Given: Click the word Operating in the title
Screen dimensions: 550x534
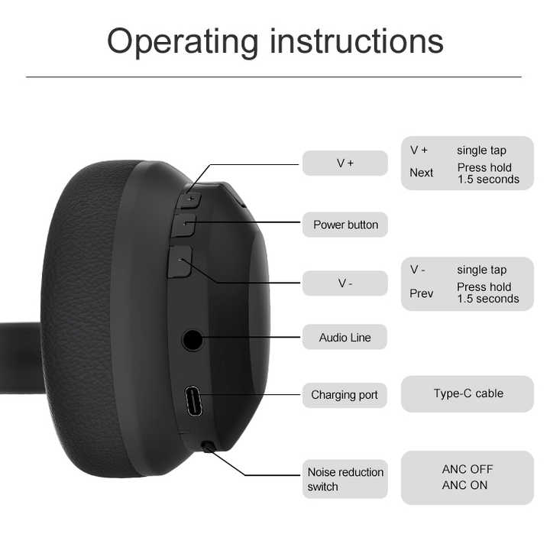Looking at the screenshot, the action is (x=183, y=42).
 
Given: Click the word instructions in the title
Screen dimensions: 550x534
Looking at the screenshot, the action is (x=357, y=40).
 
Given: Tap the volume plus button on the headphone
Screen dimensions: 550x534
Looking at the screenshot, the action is (x=190, y=200).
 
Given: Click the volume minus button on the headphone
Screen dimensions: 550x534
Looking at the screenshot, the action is (x=180, y=262).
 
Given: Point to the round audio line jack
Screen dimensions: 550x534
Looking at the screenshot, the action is (x=192, y=340).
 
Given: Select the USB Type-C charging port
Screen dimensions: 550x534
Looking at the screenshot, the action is (x=193, y=401).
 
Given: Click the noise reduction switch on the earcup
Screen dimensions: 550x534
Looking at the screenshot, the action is (x=209, y=447).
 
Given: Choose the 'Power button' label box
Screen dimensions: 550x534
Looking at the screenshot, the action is (x=345, y=225).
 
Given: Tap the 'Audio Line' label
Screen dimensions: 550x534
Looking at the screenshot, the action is (x=345, y=337).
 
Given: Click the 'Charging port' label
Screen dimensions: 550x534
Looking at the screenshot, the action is (x=345, y=395).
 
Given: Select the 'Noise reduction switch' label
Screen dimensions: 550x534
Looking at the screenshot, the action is (x=345, y=479).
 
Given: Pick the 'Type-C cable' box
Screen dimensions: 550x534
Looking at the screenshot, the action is (x=467, y=393).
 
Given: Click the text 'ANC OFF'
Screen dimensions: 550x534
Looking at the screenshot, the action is (x=467, y=469).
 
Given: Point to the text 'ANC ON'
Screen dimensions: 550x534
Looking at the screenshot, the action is (x=464, y=485).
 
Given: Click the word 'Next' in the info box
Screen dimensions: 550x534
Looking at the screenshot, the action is (x=421, y=173).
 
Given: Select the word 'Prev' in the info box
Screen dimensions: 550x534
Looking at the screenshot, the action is (x=421, y=293).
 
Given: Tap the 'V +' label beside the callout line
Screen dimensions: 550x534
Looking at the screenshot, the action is (x=345, y=163).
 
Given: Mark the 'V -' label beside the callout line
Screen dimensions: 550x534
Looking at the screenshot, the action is (x=345, y=283).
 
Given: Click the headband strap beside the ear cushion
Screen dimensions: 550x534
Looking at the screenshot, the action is (x=21, y=358).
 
